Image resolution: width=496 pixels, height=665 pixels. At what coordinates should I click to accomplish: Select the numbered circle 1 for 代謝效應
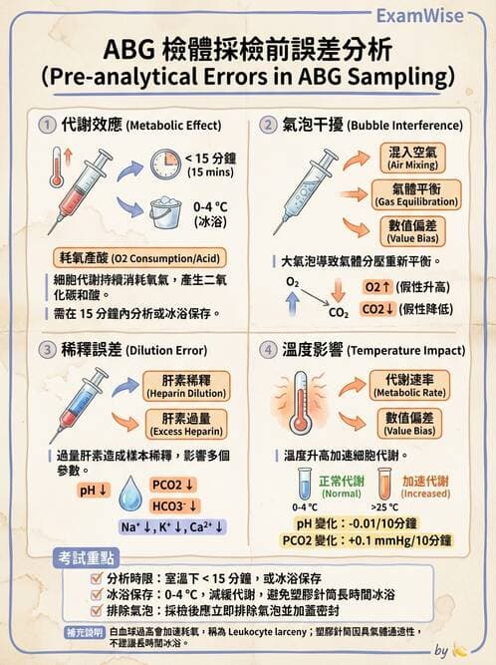point(46,125)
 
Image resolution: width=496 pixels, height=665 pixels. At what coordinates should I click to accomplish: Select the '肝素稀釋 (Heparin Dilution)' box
point(179,386)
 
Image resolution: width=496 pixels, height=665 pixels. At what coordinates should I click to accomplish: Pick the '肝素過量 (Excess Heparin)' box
point(179,425)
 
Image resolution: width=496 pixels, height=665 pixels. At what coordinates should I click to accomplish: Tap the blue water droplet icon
point(130,494)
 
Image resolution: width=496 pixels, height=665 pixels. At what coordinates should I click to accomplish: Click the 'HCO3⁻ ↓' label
point(174,504)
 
